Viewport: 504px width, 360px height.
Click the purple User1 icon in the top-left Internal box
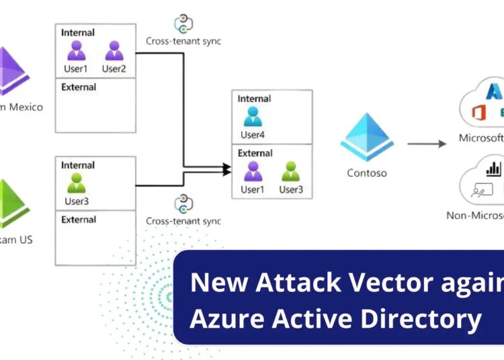click(x=77, y=50)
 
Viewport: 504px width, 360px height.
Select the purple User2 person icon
click(x=114, y=50)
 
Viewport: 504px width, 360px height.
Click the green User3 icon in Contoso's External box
click(x=291, y=171)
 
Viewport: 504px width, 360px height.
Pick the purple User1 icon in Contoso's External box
click(x=253, y=171)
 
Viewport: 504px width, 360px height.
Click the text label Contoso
click(x=367, y=173)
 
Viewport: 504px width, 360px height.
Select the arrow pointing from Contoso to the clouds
click(x=427, y=143)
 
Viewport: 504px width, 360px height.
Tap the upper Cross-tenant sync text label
click(x=183, y=41)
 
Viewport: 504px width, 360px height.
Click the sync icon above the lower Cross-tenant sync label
click(x=183, y=203)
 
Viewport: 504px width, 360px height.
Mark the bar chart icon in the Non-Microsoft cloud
click(x=494, y=168)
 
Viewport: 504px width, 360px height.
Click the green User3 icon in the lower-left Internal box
click(x=77, y=183)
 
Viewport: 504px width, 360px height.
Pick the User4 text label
click(x=253, y=135)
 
